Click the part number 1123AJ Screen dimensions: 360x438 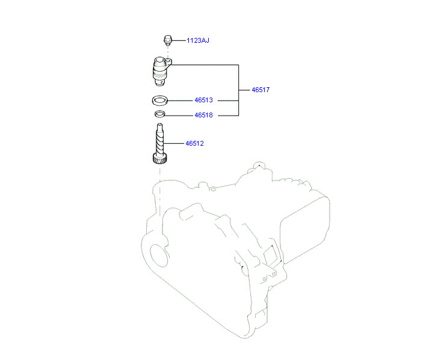click(197, 40)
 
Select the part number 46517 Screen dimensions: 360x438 click(260, 90)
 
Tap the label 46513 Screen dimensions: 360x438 click(203, 101)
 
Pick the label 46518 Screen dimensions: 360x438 click(203, 115)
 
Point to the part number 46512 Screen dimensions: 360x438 click(195, 143)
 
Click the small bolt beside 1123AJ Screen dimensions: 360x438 click(168, 40)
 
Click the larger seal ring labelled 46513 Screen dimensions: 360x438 click(159, 101)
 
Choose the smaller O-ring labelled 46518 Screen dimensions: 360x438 click(159, 114)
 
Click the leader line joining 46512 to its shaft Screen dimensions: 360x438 click(174, 143)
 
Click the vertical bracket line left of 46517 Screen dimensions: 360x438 click(239, 90)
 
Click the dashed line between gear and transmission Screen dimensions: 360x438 click(159, 178)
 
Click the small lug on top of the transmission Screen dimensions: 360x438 click(258, 164)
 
